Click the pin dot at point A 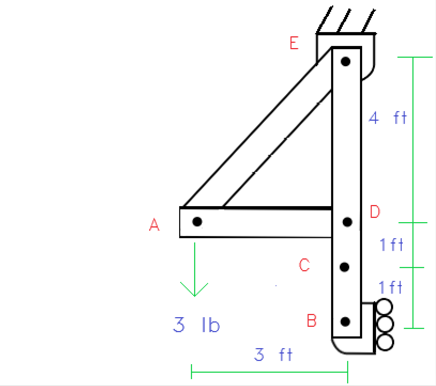[x=197, y=221]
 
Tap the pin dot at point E [x=346, y=61]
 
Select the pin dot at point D [x=347, y=222]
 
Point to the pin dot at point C [x=345, y=266]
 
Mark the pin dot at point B [x=345, y=321]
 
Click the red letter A [x=154, y=226]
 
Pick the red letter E [x=294, y=43]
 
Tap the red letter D [x=374, y=212]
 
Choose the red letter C [x=304, y=265]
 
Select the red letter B [x=312, y=321]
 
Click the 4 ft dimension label [x=388, y=118]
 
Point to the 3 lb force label [x=196, y=325]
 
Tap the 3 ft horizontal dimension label [x=273, y=355]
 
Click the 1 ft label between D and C [x=391, y=245]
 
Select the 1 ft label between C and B [x=391, y=287]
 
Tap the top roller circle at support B [x=384, y=307]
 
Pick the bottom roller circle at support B [x=384, y=342]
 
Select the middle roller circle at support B [x=384, y=324]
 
